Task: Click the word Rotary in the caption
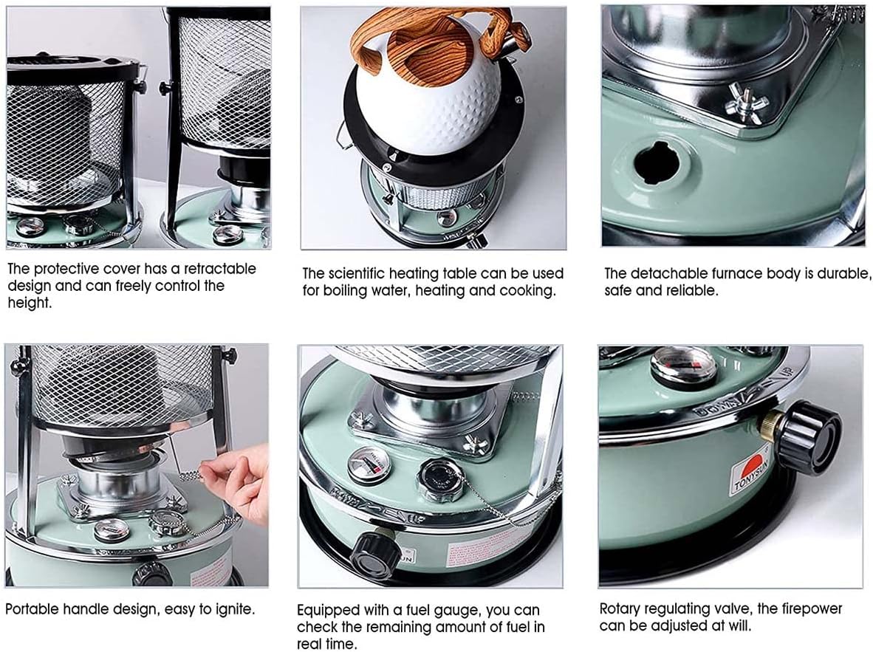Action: click(622, 609)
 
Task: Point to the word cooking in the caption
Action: click(529, 290)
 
